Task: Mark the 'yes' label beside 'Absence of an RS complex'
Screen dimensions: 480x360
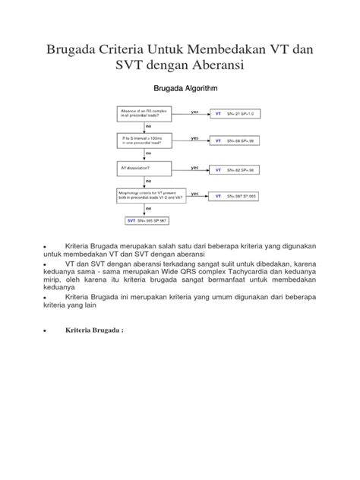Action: click(x=195, y=111)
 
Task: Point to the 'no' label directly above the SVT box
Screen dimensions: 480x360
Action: click(x=148, y=210)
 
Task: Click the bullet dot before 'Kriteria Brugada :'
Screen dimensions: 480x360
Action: click(x=48, y=332)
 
